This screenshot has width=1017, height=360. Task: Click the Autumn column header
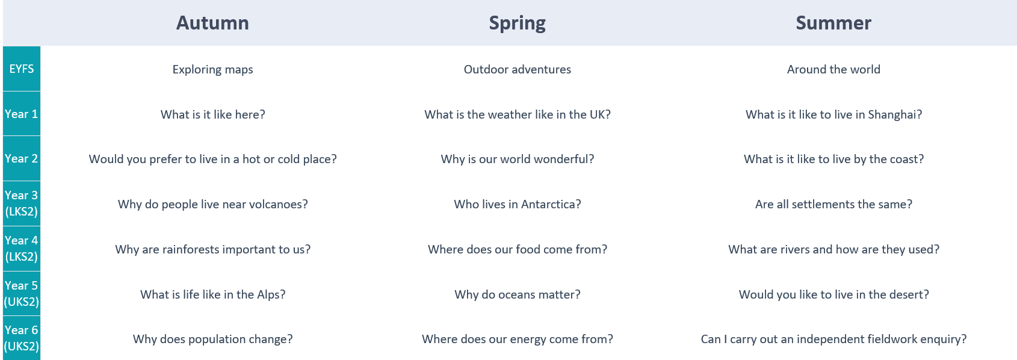[212, 23]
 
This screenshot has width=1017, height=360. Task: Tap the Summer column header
[833, 23]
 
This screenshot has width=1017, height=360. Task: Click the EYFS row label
[22, 69]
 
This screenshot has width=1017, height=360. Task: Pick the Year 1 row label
[21, 114]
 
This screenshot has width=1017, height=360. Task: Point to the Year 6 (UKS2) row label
[21, 338]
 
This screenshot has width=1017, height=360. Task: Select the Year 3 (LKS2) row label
[21, 203]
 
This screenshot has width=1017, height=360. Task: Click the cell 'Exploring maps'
[212, 69]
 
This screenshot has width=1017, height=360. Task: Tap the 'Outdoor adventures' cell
[517, 69]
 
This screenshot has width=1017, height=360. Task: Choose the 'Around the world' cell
[833, 69]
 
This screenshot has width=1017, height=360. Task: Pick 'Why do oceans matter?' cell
[517, 294]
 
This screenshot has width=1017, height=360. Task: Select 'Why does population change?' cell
[212, 340]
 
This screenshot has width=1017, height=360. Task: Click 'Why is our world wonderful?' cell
[517, 160]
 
